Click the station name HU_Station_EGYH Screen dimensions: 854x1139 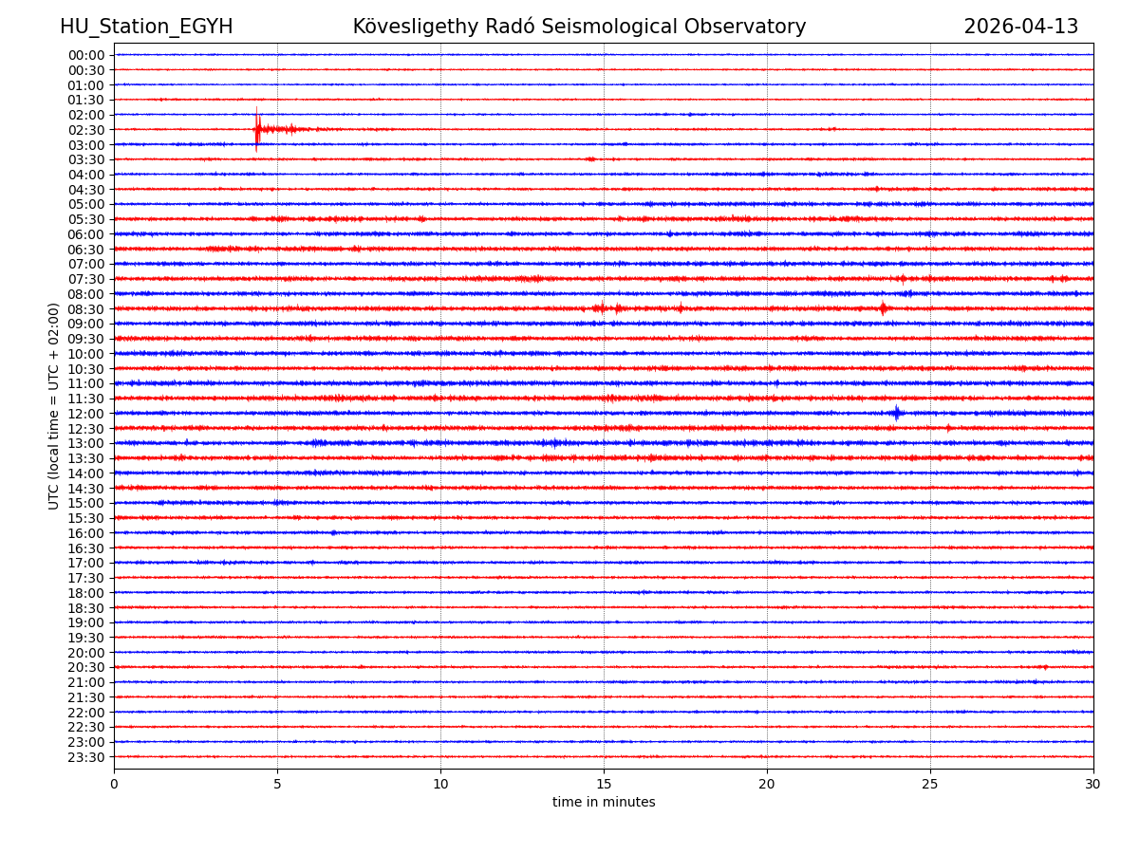click(x=146, y=27)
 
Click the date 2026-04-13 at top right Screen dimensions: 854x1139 click(x=1020, y=27)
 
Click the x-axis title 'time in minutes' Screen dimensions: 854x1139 click(x=604, y=803)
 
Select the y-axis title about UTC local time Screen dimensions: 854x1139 click(x=54, y=406)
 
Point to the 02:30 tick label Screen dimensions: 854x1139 click(x=86, y=130)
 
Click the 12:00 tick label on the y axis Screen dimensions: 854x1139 click(x=86, y=414)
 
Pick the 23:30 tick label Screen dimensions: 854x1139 click(x=86, y=757)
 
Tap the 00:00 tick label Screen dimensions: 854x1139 click(x=86, y=55)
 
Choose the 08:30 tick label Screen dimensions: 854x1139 click(x=86, y=309)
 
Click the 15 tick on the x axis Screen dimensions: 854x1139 click(x=604, y=784)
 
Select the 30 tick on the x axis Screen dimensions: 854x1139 click(x=1093, y=784)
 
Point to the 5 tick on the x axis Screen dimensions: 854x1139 click(x=277, y=784)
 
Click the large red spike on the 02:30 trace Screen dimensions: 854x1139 click(x=256, y=129)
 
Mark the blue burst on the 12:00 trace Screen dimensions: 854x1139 click(x=897, y=413)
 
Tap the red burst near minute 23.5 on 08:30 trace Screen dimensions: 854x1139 click(x=883, y=308)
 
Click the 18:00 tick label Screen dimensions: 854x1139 click(x=86, y=593)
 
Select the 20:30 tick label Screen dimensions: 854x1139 click(x=86, y=668)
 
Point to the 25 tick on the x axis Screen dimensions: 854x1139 click(x=930, y=784)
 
